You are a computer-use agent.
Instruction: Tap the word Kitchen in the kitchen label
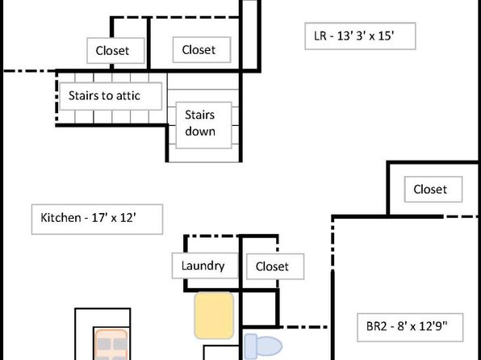tap(61, 218)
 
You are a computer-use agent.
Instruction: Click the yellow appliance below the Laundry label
tap(214, 315)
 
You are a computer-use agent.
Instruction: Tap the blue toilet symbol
tap(263, 346)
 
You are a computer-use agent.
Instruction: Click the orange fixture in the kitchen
tap(111, 345)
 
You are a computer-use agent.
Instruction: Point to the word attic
tap(128, 96)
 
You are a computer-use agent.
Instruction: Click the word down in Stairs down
tap(200, 132)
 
